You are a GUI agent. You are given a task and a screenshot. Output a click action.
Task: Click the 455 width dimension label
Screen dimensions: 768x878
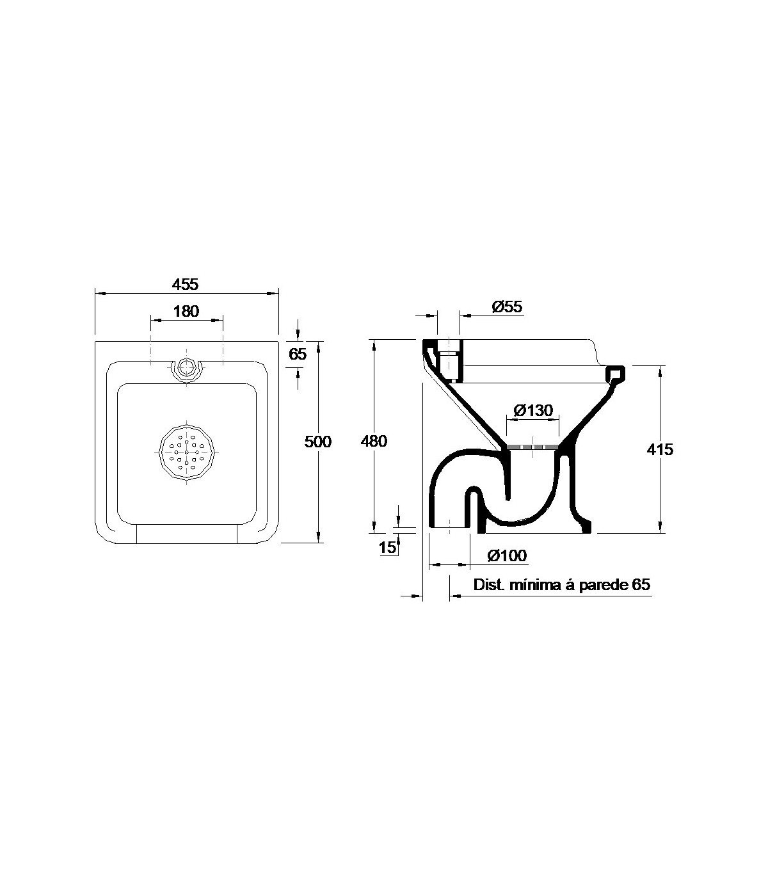186,284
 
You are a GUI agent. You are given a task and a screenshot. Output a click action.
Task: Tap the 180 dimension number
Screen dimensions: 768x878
186,311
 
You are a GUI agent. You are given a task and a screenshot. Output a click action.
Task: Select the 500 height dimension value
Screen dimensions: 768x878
318,442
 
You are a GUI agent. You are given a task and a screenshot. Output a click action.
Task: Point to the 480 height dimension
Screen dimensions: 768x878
374,441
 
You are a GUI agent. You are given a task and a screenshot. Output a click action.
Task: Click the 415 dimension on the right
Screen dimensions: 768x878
660,449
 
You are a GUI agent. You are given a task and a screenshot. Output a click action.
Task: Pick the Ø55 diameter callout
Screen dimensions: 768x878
507,307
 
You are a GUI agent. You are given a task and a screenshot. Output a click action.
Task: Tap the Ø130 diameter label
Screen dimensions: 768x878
533,411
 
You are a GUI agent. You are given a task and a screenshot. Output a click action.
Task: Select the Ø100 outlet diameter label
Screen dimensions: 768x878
507,555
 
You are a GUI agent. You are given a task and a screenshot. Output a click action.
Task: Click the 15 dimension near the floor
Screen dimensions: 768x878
387,547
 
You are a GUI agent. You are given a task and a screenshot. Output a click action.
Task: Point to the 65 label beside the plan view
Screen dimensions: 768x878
298,355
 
